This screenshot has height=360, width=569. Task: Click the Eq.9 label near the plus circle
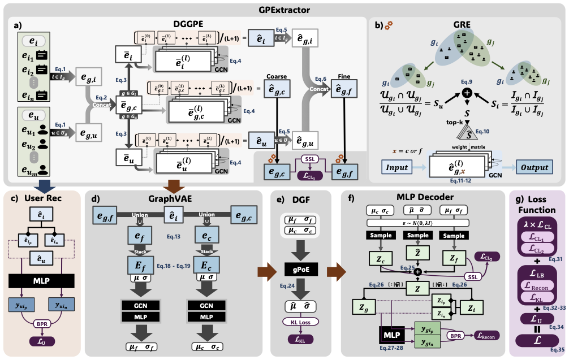(467, 81)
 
